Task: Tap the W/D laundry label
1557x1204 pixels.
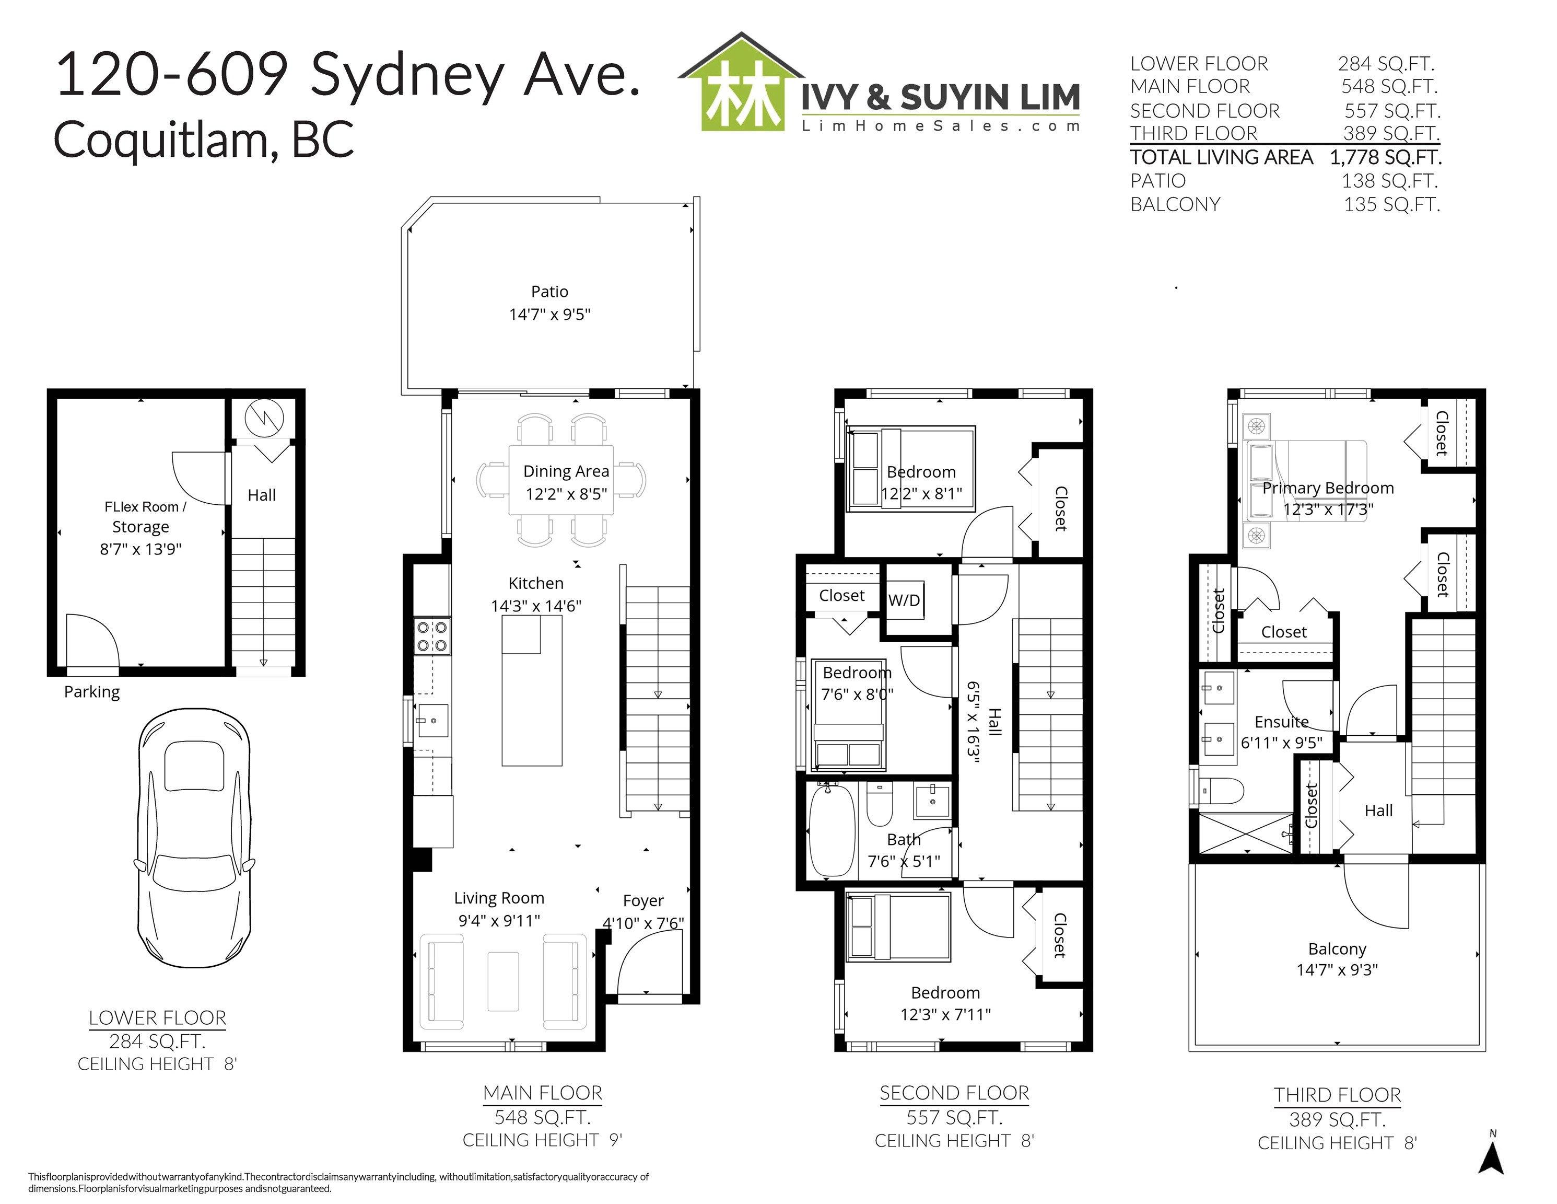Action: [904, 600]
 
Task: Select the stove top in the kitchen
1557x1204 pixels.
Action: [432, 636]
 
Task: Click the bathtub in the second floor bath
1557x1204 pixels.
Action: [832, 829]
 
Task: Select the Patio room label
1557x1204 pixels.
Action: [549, 291]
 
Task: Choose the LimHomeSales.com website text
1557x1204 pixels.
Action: [941, 126]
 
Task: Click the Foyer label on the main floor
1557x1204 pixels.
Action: [643, 900]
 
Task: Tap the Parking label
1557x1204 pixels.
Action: [92, 692]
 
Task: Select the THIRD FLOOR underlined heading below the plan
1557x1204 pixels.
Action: [1338, 1095]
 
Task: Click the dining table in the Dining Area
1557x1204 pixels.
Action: [561, 480]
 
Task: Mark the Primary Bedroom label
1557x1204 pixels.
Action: [1328, 488]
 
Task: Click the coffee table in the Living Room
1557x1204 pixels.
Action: [504, 981]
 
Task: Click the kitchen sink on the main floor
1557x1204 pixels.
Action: [432, 721]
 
